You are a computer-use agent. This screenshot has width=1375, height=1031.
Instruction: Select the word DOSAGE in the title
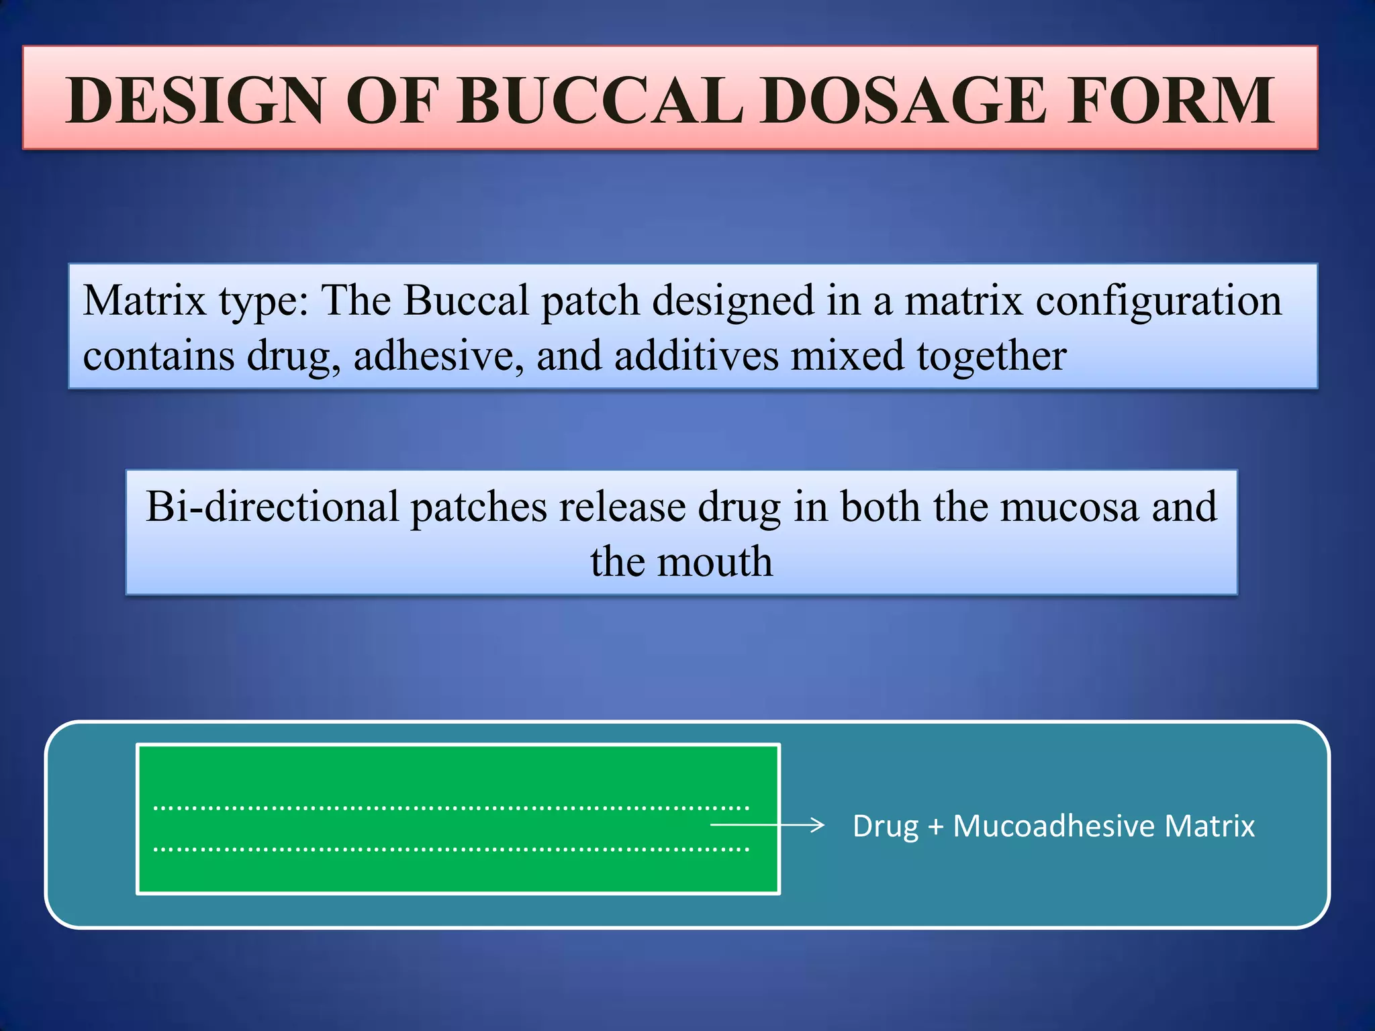click(x=903, y=101)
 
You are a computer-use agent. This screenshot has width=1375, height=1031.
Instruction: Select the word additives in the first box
click(x=696, y=355)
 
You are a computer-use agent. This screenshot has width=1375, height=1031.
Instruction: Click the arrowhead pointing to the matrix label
click(x=817, y=825)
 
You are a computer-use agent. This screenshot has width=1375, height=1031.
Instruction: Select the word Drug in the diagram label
click(x=885, y=826)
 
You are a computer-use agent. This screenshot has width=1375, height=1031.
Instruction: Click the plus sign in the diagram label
click(x=935, y=826)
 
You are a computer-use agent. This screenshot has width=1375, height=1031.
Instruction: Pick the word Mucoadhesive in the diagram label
click(x=1054, y=826)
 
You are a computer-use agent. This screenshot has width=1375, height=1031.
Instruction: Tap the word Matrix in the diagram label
click(x=1209, y=826)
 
